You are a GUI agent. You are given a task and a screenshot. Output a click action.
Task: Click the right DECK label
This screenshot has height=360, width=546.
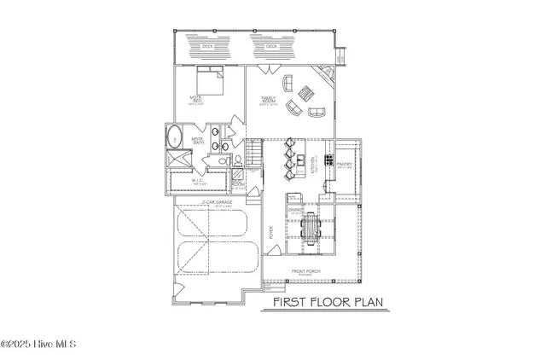(272, 46)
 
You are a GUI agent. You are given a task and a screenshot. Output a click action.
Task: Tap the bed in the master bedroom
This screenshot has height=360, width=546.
(211, 83)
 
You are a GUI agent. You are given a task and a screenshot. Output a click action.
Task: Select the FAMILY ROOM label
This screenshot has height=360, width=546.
(267, 101)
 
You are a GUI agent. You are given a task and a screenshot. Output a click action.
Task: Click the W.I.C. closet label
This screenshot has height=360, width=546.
(197, 180)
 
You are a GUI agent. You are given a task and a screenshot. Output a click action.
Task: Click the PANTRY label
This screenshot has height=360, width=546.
(346, 163)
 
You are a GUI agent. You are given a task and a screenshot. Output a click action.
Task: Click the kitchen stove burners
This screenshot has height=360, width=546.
(328, 159)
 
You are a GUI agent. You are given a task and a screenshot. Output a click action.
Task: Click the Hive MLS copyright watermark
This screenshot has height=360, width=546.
(38, 345)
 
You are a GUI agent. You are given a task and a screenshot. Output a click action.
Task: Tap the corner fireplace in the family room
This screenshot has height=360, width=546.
(322, 75)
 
